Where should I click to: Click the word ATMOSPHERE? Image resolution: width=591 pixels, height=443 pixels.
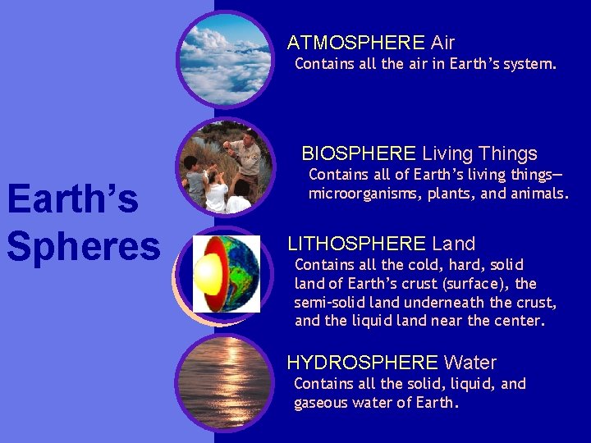click(x=355, y=43)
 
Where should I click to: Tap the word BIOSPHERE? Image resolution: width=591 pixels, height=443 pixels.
click(x=359, y=153)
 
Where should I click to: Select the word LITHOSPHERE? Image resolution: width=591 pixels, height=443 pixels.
click(x=356, y=244)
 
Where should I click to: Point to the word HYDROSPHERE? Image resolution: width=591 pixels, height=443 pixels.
click(x=362, y=363)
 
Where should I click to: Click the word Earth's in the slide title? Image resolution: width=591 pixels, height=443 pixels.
click(x=72, y=199)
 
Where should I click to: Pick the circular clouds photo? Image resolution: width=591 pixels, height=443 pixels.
click(x=226, y=59)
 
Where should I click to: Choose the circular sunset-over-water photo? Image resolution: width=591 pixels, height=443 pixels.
click(x=225, y=382)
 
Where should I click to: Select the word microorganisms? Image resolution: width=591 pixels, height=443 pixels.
click(x=364, y=194)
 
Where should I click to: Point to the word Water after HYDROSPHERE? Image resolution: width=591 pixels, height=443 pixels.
click(x=470, y=363)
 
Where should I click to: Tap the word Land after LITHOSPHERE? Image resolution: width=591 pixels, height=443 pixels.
click(x=453, y=244)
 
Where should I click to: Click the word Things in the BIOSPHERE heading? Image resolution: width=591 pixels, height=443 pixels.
click(x=508, y=153)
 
